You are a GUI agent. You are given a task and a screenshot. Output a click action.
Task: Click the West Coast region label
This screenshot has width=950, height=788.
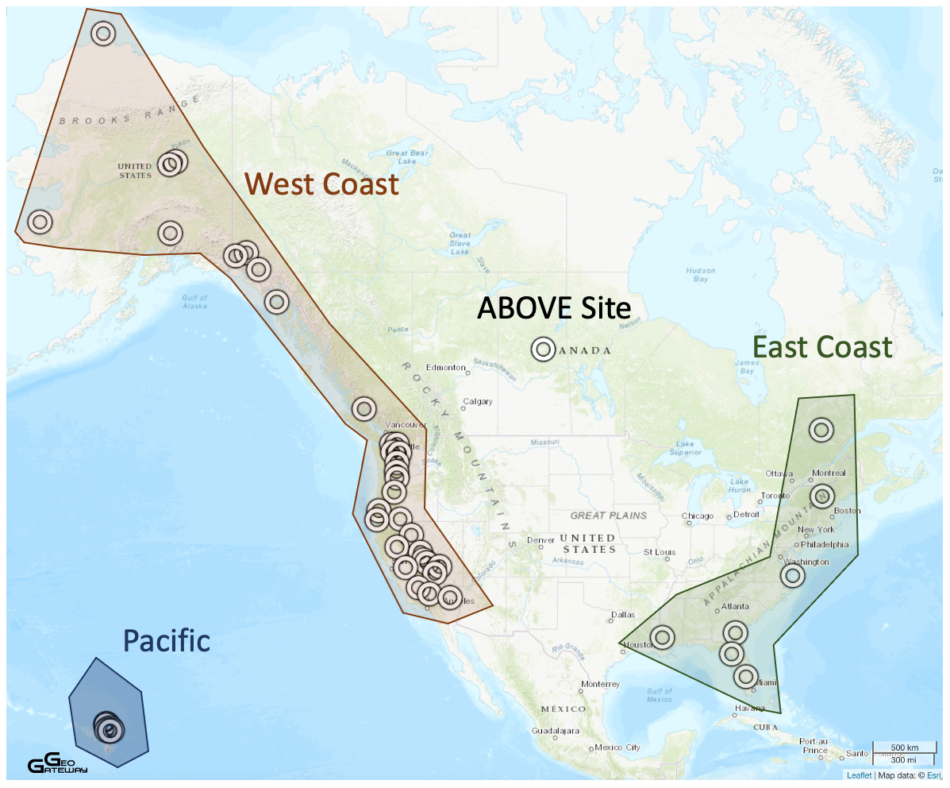tap(321, 184)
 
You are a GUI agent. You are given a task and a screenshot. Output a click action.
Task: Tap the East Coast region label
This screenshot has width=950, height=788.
tap(822, 347)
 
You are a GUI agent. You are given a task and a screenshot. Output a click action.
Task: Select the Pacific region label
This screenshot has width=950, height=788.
tap(167, 640)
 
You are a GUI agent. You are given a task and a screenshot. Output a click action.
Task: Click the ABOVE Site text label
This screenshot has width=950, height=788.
tap(553, 308)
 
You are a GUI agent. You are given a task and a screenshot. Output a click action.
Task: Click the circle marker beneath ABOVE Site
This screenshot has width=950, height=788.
tap(543, 349)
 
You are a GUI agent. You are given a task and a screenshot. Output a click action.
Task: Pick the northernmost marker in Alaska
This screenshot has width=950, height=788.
tap(102, 33)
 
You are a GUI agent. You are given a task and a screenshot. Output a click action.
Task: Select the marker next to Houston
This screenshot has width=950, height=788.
tap(663, 637)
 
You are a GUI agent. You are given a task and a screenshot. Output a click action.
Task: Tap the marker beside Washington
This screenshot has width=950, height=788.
tap(792, 575)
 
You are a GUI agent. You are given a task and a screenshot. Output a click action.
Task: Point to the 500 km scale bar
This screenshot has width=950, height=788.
tap(904, 748)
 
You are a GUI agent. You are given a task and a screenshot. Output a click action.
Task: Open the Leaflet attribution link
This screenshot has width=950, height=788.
tap(859, 775)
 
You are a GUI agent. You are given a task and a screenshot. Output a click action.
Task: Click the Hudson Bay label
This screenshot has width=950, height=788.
tap(699, 275)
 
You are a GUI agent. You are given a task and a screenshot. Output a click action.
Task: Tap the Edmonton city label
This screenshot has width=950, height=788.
tap(445, 368)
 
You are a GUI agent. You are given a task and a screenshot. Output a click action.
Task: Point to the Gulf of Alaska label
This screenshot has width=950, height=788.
tap(194, 302)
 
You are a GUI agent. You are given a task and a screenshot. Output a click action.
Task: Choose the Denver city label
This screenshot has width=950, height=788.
tap(540, 540)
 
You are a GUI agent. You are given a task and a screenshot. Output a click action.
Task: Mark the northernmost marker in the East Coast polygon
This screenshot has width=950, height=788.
tap(821, 430)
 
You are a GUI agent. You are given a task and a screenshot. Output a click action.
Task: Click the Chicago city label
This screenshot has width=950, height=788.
tap(698, 516)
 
